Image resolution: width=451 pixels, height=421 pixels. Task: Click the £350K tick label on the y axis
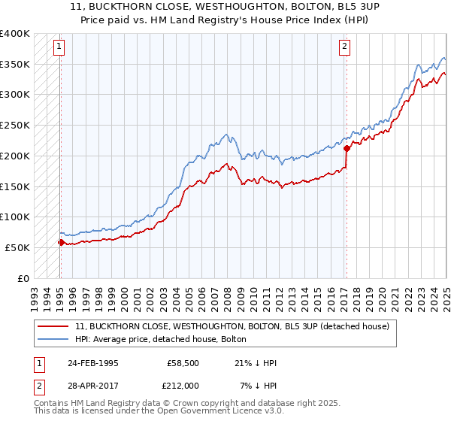coord(15,64)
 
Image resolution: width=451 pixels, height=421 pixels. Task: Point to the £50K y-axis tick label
coord(17,247)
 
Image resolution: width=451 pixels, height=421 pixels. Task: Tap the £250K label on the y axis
coord(15,125)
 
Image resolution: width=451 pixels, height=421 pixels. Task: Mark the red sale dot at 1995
coord(61,242)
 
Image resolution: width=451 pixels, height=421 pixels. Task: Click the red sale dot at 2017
coord(347,148)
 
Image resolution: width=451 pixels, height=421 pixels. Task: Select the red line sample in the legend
coord(54,327)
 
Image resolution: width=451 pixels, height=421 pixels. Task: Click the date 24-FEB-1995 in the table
coord(93,363)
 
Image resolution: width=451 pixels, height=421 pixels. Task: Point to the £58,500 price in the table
coord(180,363)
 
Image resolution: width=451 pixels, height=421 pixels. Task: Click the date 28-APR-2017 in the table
coord(93,385)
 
